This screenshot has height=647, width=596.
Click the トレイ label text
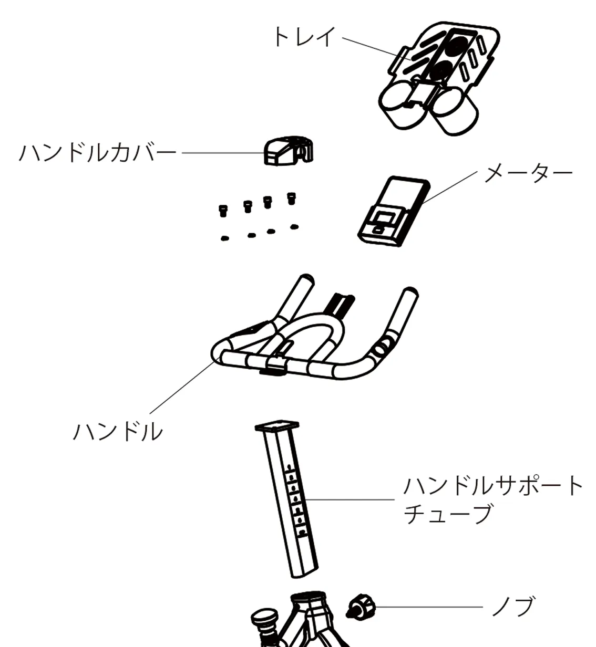(303, 37)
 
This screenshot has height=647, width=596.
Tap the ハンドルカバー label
(98, 153)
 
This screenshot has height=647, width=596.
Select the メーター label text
(528, 173)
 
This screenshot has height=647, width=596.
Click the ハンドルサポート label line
(493, 486)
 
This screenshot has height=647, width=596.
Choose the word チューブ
(448, 514)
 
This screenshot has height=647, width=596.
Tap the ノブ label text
(512, 607)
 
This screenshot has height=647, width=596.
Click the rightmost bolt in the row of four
(291, 199)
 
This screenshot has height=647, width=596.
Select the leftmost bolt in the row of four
(223, 211)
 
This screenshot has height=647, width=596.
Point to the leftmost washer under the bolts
(225, 238)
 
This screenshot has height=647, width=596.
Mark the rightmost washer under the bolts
(294, 227)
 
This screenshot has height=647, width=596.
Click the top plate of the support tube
(277, 425)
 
